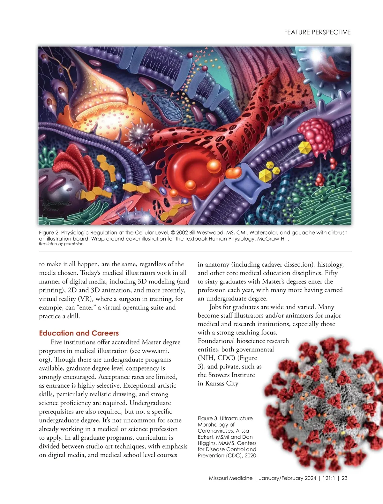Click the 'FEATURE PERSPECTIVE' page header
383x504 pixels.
tap(317, 32)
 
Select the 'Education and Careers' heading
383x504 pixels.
tap(79, 333)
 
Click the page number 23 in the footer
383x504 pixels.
tap(344, 478)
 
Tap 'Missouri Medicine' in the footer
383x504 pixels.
tap(230, 478)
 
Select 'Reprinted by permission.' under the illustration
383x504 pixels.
tap(62, 244)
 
